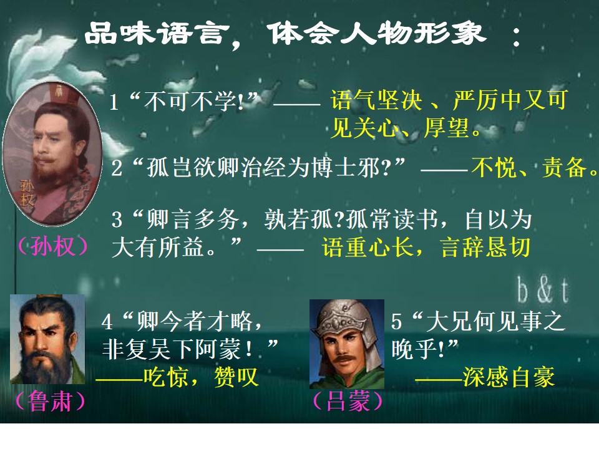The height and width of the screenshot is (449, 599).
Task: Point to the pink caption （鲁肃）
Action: pyautogui.click(x=49, y=401)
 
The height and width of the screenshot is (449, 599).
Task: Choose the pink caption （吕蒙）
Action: pyautogui.click(x=348, y=401)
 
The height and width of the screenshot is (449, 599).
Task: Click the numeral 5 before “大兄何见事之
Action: pyautogui.click(x=397, y=322)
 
